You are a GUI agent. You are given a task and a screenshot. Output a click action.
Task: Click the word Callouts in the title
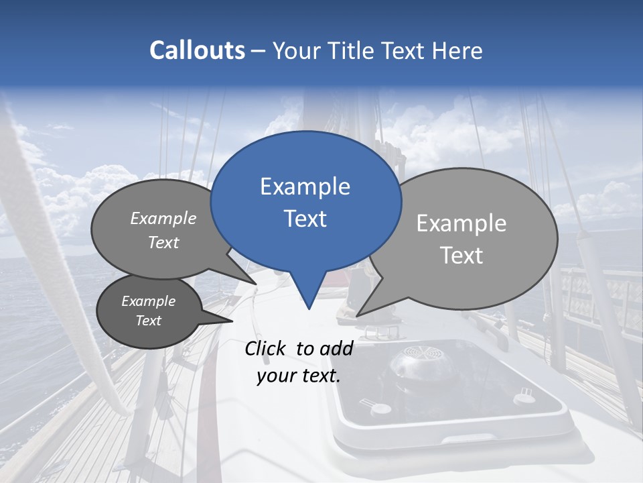click(x=197, y=50)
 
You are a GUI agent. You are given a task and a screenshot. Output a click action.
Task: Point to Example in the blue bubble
click(x=305, y=186)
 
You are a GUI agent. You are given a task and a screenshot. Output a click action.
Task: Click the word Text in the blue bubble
click(x=305, y=219)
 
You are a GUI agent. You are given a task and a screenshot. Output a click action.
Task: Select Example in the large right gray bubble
click(x=461, y=223)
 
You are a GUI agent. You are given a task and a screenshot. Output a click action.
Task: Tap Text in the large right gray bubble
click(x=461, y=256)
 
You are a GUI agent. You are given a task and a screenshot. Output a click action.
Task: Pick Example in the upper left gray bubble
click(x=163, y=218)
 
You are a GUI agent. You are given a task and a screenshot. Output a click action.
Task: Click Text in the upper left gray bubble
click(x=163, y=242)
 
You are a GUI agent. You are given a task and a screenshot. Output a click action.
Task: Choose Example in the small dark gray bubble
click(x=148, y=301)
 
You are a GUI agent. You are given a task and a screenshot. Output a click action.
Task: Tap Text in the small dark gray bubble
click(x=148, y=321)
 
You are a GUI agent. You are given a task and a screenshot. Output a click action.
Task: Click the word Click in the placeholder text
click(x=265, y=348)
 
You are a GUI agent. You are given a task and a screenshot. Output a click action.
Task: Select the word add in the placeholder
click(x=336, y=348)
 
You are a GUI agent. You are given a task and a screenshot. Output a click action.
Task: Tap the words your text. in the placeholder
click(x=299, y=376)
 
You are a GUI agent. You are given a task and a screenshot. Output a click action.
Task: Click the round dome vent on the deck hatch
click(x=415, y=362)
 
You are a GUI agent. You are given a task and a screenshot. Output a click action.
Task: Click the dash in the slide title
click(x=259, y=51)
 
